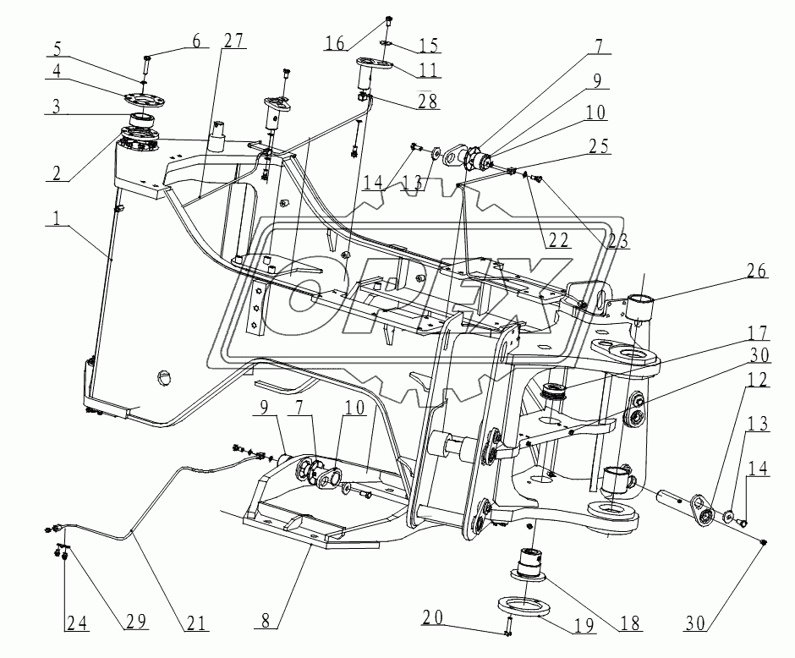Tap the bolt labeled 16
tap(387, 19)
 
